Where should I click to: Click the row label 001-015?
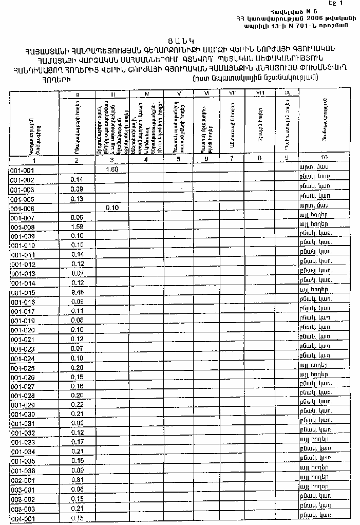click(22, 292)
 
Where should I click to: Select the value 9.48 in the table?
click(77, 292)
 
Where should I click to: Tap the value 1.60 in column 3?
click(111, 169)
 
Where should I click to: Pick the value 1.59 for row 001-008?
click(77, 227)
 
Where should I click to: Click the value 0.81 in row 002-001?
click(77, 479)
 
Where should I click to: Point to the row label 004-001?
click(22, 518)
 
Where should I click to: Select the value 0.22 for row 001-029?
click(77, 405)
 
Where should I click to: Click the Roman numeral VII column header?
click(232, 93)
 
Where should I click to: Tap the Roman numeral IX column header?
click(287, 93)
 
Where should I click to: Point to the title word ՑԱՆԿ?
click(179, 40)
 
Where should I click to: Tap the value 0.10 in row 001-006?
click(111, 208)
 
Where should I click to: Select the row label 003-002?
click(22, 499)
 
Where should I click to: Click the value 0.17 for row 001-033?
click(77, 441)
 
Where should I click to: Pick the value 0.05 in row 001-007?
click(77, 217)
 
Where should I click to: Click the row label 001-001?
click(22, 170)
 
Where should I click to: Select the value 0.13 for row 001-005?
click(77, 198)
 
